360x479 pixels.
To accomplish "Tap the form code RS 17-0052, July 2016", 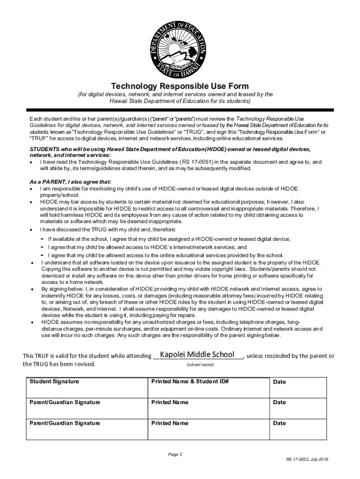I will (x=308, y=460).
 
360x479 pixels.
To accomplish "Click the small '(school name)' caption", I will (x=200, y=365).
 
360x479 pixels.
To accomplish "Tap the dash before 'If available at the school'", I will (x=42, y=239).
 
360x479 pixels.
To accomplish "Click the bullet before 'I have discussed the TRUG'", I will (x=31, y=230).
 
